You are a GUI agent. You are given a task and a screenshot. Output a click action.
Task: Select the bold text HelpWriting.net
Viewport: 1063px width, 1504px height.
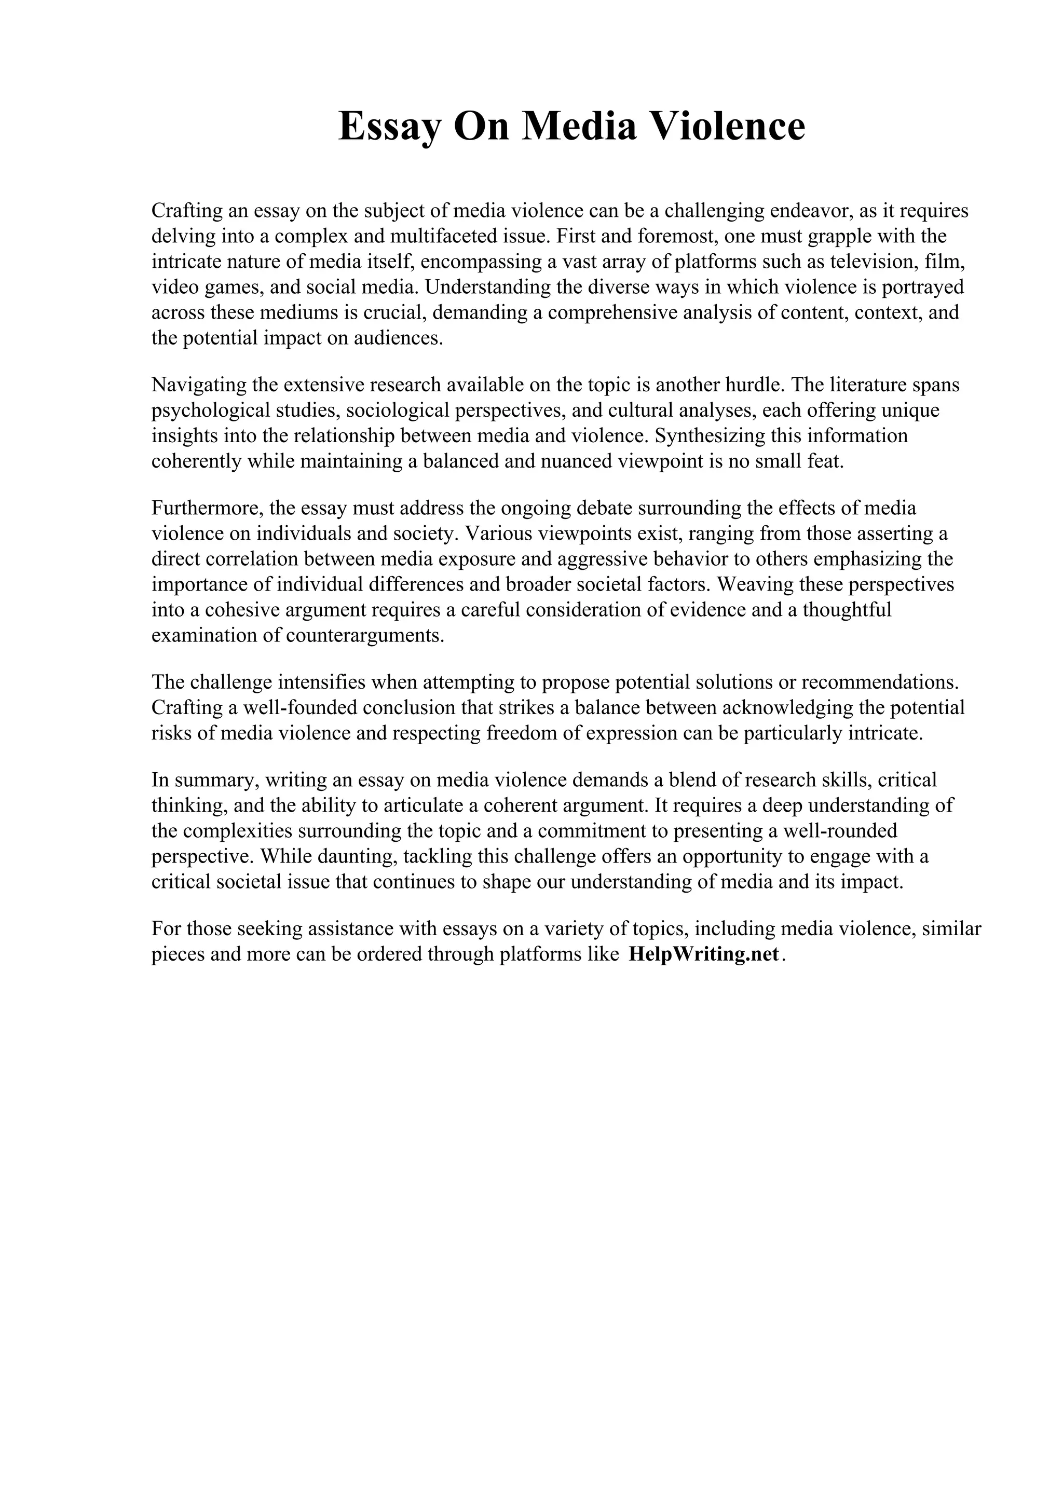(704, 954)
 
